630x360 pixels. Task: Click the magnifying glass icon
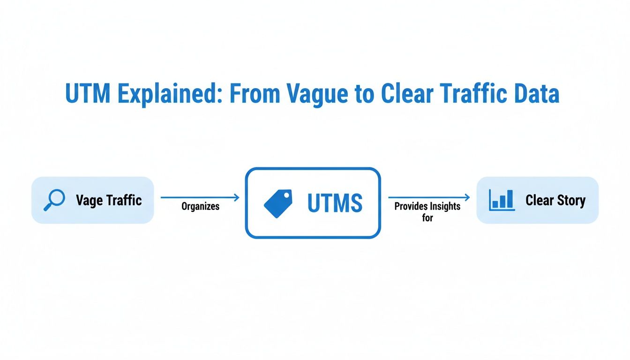(x=54, y=200)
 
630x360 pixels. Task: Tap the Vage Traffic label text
(x=109, y=201)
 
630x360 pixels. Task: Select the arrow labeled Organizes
(x=200, y=198)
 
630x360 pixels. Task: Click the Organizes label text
(x=200, y=206)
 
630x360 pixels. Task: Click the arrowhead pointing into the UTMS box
(x=237, y=198)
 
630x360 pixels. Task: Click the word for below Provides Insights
(x=427, y=217)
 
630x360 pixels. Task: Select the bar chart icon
(x=501, y=200)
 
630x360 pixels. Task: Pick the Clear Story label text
(x=555, y=201)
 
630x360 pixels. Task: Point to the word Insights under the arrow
(x=444, y=206)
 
